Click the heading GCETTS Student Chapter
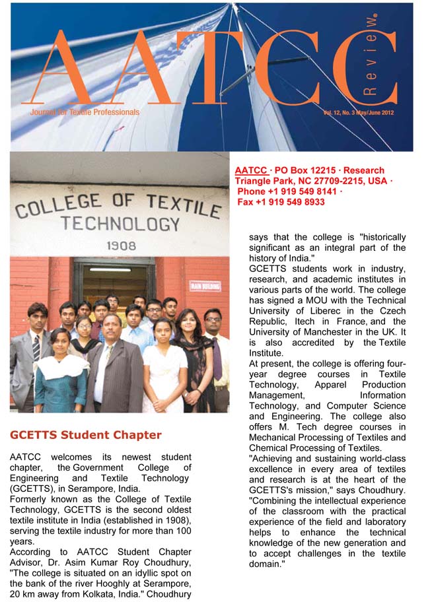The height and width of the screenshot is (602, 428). coord(85,435)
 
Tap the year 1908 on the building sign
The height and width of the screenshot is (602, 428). coord(121,246)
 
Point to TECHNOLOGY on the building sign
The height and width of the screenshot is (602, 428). coord(120,223)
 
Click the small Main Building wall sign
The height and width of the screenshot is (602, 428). coord(205,286)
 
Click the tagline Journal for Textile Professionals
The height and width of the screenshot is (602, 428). coord(85,112)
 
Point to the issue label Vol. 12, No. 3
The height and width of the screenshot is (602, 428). coord(342,113)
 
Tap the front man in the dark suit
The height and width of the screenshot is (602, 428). coord(114,370)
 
